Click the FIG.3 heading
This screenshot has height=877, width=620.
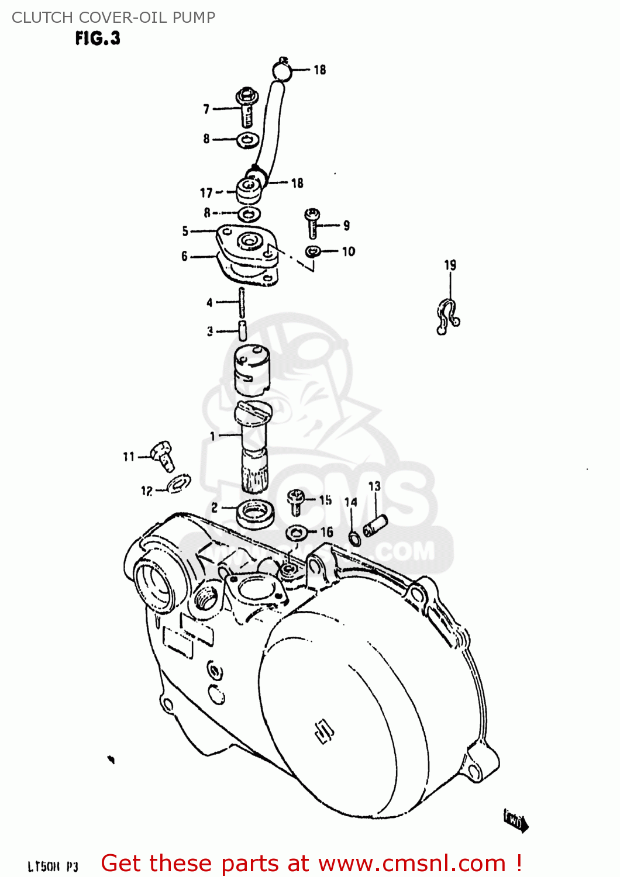click(98, 39)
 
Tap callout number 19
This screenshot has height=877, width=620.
click(450, 265)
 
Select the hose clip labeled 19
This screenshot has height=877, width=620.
click(448, 317)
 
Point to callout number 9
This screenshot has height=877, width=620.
click(347, 226)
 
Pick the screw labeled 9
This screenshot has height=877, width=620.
click(313, 223)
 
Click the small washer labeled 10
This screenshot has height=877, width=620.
click(313, 252)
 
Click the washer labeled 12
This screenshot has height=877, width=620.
click(179, 484)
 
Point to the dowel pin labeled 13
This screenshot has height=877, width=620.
click(375, 525)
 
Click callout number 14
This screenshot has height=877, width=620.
click(350, 502)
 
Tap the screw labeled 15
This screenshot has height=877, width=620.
click(296, 502)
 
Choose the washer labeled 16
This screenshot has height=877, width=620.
click(297, 533)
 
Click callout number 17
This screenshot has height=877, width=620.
click(206, 192)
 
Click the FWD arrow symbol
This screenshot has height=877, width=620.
click(515, 820)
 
